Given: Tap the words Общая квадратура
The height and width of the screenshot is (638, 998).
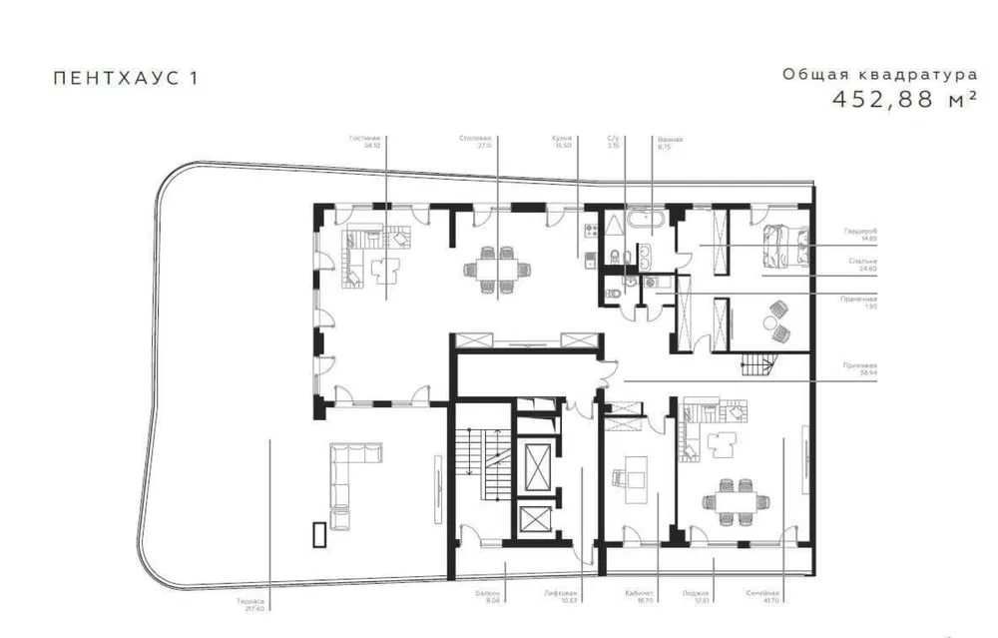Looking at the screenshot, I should (x=878, y=74).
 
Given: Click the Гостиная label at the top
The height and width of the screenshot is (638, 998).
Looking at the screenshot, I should (x=373, y=139).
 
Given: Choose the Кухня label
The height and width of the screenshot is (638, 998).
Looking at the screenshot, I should (x=562, y=139).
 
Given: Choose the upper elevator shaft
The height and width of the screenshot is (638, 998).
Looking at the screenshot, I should (x=535, y=462).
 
